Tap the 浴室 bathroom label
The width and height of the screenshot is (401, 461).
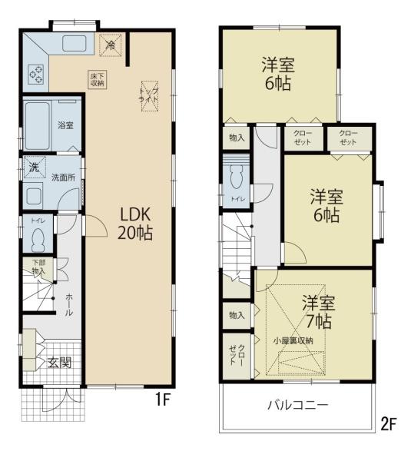coord(65,125)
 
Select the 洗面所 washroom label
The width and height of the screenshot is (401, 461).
coord(63,177)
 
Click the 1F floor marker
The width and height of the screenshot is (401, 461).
coord(160,400)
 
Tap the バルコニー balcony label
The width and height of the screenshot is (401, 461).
coord(298,404)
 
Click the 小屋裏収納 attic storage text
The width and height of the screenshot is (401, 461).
coord(293,340)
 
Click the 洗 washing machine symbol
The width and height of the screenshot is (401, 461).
coord(34,166)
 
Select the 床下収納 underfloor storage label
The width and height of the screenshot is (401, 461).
coord(98,79)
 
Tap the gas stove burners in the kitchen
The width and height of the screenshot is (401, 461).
coord(36,75)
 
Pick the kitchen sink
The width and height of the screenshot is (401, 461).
coord(74,44)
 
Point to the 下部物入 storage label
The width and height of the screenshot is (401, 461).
coord(38,267)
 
